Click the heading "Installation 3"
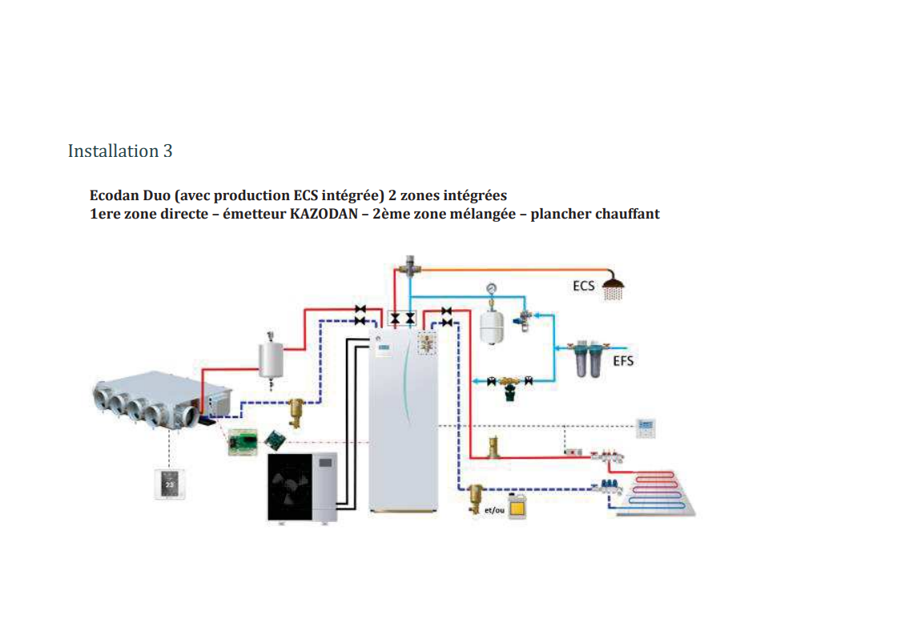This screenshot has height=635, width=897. coord(120,151)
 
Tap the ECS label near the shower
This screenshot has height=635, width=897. coord(584,284)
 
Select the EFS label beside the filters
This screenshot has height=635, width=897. coord(623,360)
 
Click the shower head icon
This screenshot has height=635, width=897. coord(613,286)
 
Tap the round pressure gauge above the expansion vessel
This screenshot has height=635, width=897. coord(490,288)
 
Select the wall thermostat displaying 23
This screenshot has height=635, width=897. coord(169,484)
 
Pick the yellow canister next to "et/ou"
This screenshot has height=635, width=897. coord(517,506)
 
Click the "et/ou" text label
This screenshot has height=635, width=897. coord(495,510)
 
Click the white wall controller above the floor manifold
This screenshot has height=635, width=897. coord(646,427)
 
